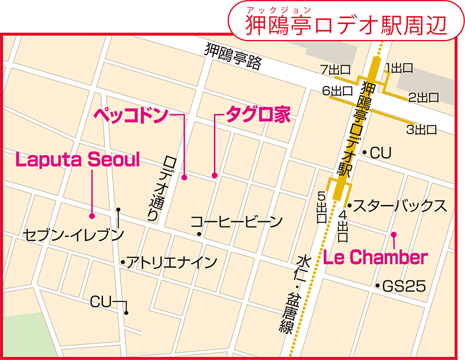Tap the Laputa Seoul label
pyautogui.click(x=78, y=160)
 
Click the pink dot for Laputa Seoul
pyautogui.click(x=92, y=215)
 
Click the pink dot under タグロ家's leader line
pyautogui.click(x=214, y=175)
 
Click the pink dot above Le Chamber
pyautogui.click(x=394, y=235)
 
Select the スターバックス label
pyautogui.click(x=400, y=206)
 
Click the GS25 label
pyautogui.click(x=404, y=286)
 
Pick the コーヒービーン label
pyautogui.click(x=237, y=221)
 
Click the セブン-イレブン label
pyautogui.click(x=74, y=235)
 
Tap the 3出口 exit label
pyautogui.click(x=421, y=129)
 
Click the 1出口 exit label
pyautogui.click(x=399, y=68)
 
